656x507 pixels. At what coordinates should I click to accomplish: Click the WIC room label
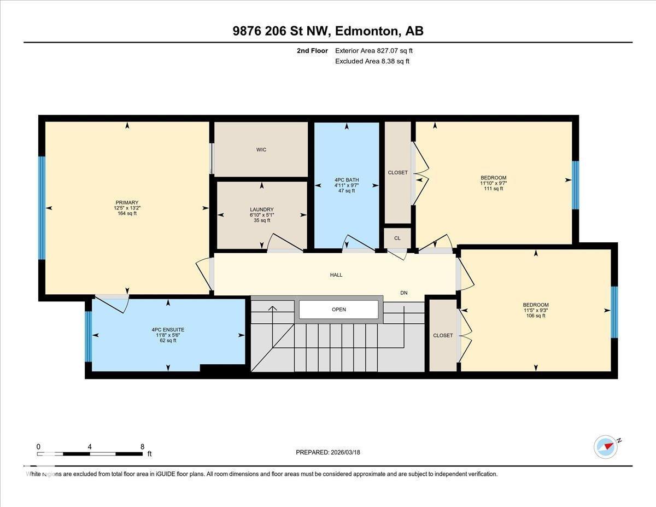pos(261,150)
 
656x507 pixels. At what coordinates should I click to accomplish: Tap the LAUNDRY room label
pos(261,209)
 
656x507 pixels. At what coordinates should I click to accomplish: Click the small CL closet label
pos(397,238)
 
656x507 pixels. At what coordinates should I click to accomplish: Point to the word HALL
pos(336,275)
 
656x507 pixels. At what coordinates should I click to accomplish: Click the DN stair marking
pos(404,293)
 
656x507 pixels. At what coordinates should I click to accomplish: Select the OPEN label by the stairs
pos(339,310)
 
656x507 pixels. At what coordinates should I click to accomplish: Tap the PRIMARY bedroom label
pos(127,202)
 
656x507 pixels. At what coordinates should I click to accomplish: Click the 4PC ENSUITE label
pos(168,330)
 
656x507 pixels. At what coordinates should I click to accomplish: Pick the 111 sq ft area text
pos(493,189)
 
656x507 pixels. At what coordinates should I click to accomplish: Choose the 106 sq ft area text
pos(536,316)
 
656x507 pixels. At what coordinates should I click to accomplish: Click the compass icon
pos(606,446)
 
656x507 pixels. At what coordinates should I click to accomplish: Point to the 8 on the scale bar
pos(142,446)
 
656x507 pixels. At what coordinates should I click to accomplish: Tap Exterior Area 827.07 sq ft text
pos(374,51)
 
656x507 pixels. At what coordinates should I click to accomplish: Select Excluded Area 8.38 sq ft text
pos(372,61)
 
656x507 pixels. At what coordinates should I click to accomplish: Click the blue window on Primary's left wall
pos(42,208)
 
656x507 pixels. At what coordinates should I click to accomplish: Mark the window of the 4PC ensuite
pos(89,336)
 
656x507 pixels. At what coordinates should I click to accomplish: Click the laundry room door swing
pos(284,243)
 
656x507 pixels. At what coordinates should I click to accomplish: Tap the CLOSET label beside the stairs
pos(443,335)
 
